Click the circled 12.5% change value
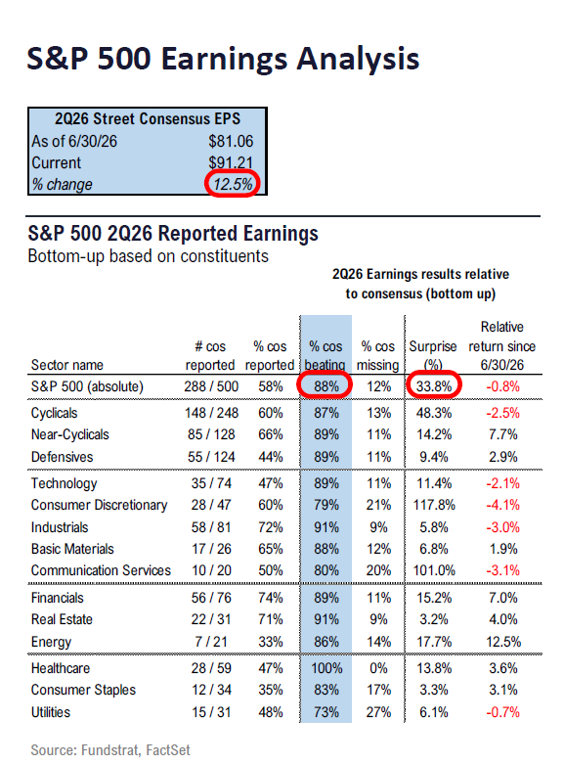[233, 185]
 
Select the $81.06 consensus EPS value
[231, 142]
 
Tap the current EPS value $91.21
[231, 162]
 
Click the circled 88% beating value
[326, 386]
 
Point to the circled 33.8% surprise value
[434, 386]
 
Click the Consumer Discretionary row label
[99, 505]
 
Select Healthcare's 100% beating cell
[326, 668]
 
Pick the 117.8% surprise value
[434, 505]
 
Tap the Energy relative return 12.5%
[503, 642]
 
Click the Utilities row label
[51, 712]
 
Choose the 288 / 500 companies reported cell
[211, 386]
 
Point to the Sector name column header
[67, 365]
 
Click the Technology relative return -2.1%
[503, 483]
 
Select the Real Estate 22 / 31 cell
[211, 619]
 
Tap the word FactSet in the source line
[168, 750]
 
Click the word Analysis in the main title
[359, 59]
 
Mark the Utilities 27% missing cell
[378, 712]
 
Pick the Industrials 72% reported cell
[271, 527]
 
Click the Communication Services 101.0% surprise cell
[434, 570]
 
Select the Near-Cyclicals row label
[69, 434]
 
